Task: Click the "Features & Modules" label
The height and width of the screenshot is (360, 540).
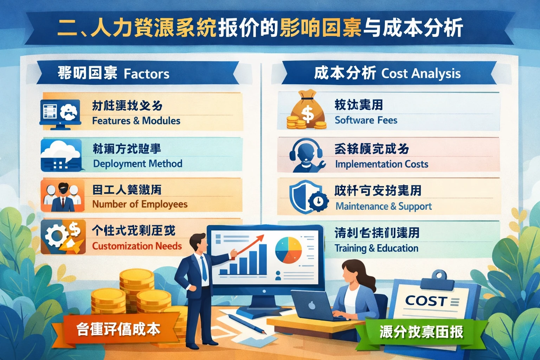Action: click(x=136, y=121)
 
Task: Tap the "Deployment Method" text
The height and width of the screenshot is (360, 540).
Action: click(x=137, y=163)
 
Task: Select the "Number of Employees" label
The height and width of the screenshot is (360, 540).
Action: click(x=140, y=204)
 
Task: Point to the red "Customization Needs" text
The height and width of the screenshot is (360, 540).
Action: click(x=137, y=246)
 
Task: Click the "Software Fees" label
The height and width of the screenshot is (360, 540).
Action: click(x=366, y=120)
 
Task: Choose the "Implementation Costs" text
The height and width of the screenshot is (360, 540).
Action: click(x=381, y=164)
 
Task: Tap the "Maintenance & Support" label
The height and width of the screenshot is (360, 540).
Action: click(x=384, y=206)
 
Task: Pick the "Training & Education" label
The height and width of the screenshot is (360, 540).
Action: click(x=376, y=248)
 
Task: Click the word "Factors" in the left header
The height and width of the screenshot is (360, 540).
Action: click(x=146, y=74)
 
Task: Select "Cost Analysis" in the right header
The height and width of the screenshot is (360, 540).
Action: click(x=421, y=73)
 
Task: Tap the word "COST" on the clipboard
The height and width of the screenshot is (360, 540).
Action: click(x=426, y=301)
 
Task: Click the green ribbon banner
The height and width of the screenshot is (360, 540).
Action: click(x=421, y=332)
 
